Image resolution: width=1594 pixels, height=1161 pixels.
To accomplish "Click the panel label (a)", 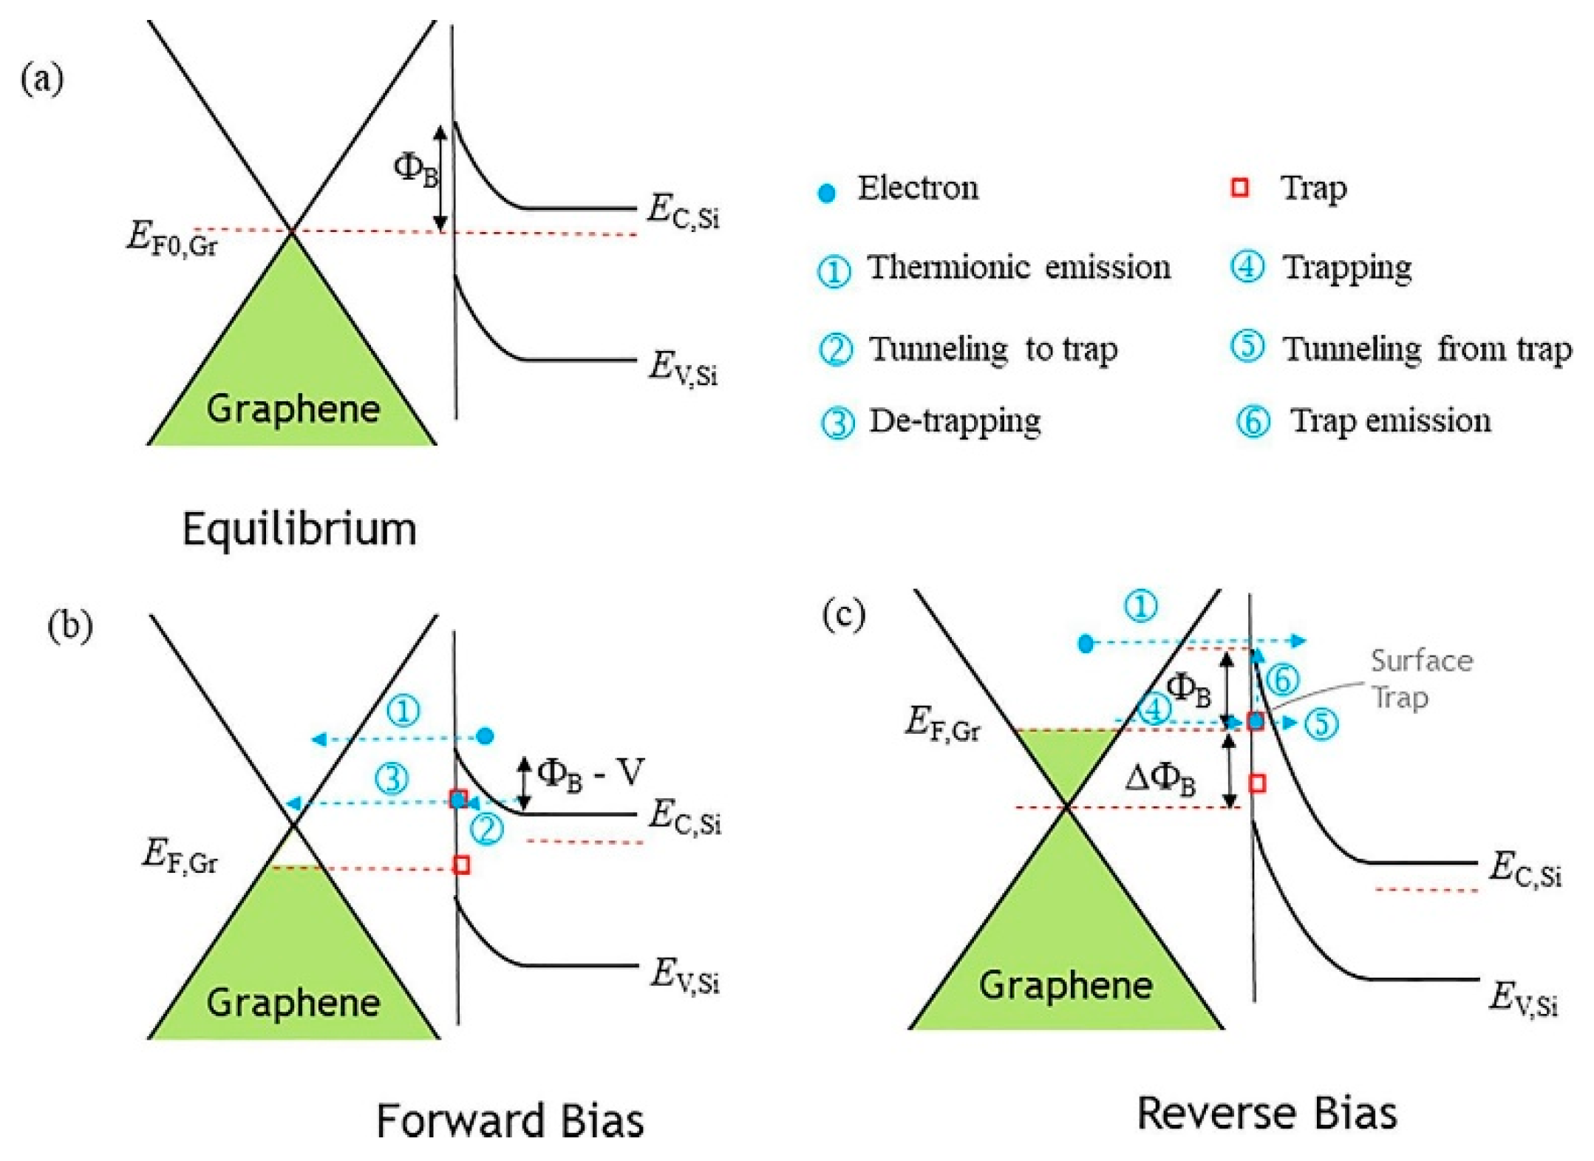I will [x=42, y=79].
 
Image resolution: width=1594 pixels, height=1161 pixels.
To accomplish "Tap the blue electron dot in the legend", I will [x=826, y=194].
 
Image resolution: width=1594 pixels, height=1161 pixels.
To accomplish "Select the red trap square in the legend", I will [x=1240, y=188].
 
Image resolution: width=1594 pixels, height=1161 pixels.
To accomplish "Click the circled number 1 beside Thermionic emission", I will [x=833, y=271].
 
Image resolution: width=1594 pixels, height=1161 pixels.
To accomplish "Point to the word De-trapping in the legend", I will [x=955, y=421].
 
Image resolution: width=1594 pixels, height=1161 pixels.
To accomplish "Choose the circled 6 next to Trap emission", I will [x=1253, y=422].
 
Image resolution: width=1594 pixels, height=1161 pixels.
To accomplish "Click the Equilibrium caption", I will [x=299, y=529].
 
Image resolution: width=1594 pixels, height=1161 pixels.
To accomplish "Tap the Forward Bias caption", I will [x=510, y=1120].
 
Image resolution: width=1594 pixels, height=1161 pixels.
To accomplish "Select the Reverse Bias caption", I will [x=1267, y=1113].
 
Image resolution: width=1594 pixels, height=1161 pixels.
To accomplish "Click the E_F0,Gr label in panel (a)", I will [x=171, y=239].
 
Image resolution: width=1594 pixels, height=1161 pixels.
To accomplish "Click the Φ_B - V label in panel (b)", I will [x=590, y=774].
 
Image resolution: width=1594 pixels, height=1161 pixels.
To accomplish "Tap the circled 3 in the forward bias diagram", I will [x=392, y=778].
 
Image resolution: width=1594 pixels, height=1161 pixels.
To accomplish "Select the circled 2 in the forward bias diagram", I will [x=487, y=828].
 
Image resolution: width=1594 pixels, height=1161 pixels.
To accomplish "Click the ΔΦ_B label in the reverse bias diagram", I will [x=1159, y=779].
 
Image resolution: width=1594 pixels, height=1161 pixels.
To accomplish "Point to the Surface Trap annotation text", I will [x=1420, y=678].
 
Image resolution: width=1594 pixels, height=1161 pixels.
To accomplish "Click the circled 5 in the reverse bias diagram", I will [x=1321, y=724].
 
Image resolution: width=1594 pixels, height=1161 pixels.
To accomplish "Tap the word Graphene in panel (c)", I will [x=1066, y=985].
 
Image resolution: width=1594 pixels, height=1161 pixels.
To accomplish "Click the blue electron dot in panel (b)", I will [x=486, y=736].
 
